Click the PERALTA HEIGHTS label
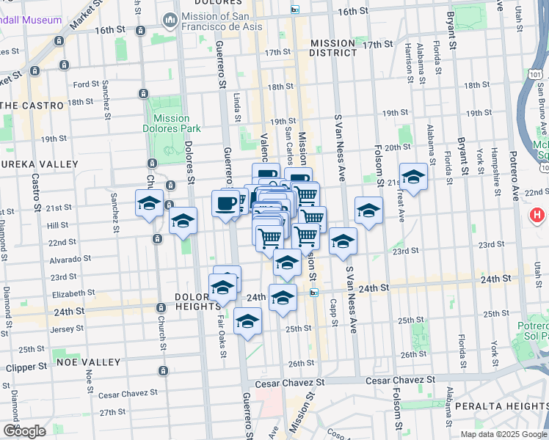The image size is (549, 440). click(501, 405)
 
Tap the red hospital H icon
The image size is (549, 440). click(537, 216)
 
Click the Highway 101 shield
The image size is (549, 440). click(535, 76)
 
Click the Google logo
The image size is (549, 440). click(24, 431)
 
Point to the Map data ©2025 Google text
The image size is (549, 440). click(503, 434)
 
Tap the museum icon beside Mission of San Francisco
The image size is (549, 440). click(170, 18)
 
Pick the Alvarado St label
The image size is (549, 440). click(70, 258)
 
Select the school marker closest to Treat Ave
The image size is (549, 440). click(413, 177)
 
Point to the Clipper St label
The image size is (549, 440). click(28, 366)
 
